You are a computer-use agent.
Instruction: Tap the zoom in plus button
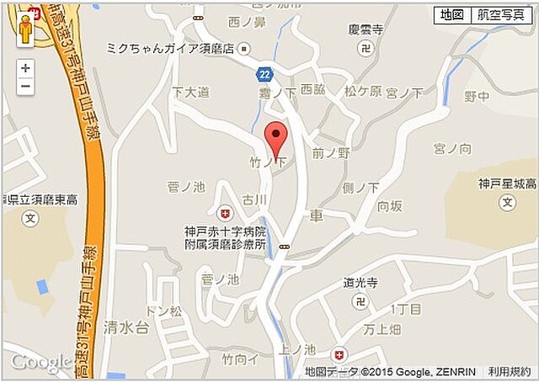point(26,68)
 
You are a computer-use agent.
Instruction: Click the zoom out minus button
point(26,87)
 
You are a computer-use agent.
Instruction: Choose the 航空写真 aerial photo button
point(499,15)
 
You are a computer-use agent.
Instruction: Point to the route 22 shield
point(264,75)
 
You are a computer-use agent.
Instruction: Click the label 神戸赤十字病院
point(225,231)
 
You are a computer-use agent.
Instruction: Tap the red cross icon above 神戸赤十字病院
point(224,213)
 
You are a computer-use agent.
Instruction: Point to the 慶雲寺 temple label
point(366,29)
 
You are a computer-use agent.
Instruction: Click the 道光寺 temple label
point(360,285)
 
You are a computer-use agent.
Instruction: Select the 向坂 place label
point(390,206)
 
